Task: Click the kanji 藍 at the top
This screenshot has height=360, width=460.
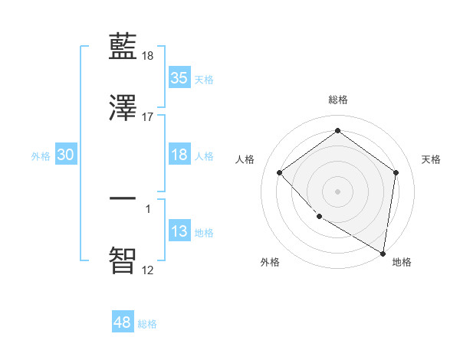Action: [123, 48]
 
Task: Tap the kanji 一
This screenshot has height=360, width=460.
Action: [123, 198]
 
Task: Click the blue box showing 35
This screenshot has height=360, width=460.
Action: [179, 78]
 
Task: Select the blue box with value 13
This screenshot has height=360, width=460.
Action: [179, 232]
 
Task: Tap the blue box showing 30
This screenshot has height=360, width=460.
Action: [66, 155]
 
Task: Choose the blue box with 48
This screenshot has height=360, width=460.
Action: [123, 323]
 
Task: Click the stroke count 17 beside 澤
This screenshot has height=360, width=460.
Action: [148, 117]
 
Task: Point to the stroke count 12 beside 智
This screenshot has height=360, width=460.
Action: [148, 270]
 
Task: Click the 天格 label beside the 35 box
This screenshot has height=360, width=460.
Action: [204, 79]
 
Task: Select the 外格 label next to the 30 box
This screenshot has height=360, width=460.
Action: [41, 155]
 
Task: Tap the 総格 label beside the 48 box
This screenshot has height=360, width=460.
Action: [147, 324]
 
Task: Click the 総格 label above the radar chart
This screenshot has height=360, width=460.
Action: [338, 100]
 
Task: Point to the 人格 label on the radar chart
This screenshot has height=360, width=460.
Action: [245, 159]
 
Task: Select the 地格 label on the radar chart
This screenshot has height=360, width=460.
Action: [402, 262]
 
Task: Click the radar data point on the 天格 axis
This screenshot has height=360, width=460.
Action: [396, 172]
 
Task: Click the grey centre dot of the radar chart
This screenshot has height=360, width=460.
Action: [337, 191]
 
